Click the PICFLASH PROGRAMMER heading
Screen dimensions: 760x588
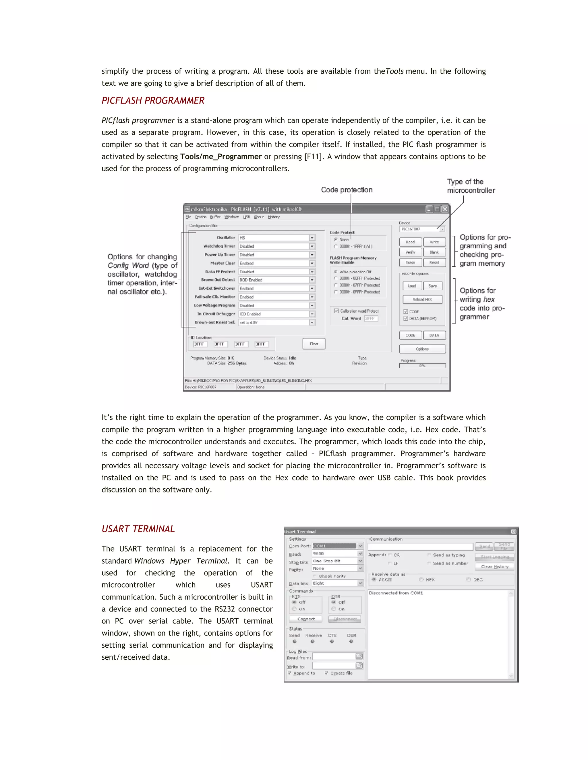[x=153, y=101]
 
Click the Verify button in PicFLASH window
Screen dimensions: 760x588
[x=410, y=252]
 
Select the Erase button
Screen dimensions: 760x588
[x=410, y=263]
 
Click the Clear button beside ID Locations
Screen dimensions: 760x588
[x=314, y=344]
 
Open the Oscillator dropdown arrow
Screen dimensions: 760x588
[x=312, y=238]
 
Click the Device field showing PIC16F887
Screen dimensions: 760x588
[x=420, y=229]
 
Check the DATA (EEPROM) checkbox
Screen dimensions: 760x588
[x=405, y=318]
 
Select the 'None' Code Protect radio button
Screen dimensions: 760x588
[x=336, y=239]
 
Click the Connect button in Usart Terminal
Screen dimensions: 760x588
[x=306, y=619]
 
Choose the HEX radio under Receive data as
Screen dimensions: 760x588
[x=421, y=579]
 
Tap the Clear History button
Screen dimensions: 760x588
[x=495, y=566]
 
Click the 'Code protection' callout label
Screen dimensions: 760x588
[x=347, y=190]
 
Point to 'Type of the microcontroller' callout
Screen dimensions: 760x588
[x=471, y=186]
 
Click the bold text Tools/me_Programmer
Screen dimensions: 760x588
[x=221, y=157]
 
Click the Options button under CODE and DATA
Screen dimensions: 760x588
[x=422, y=349]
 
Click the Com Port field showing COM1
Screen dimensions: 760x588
[x=334, y=546]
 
